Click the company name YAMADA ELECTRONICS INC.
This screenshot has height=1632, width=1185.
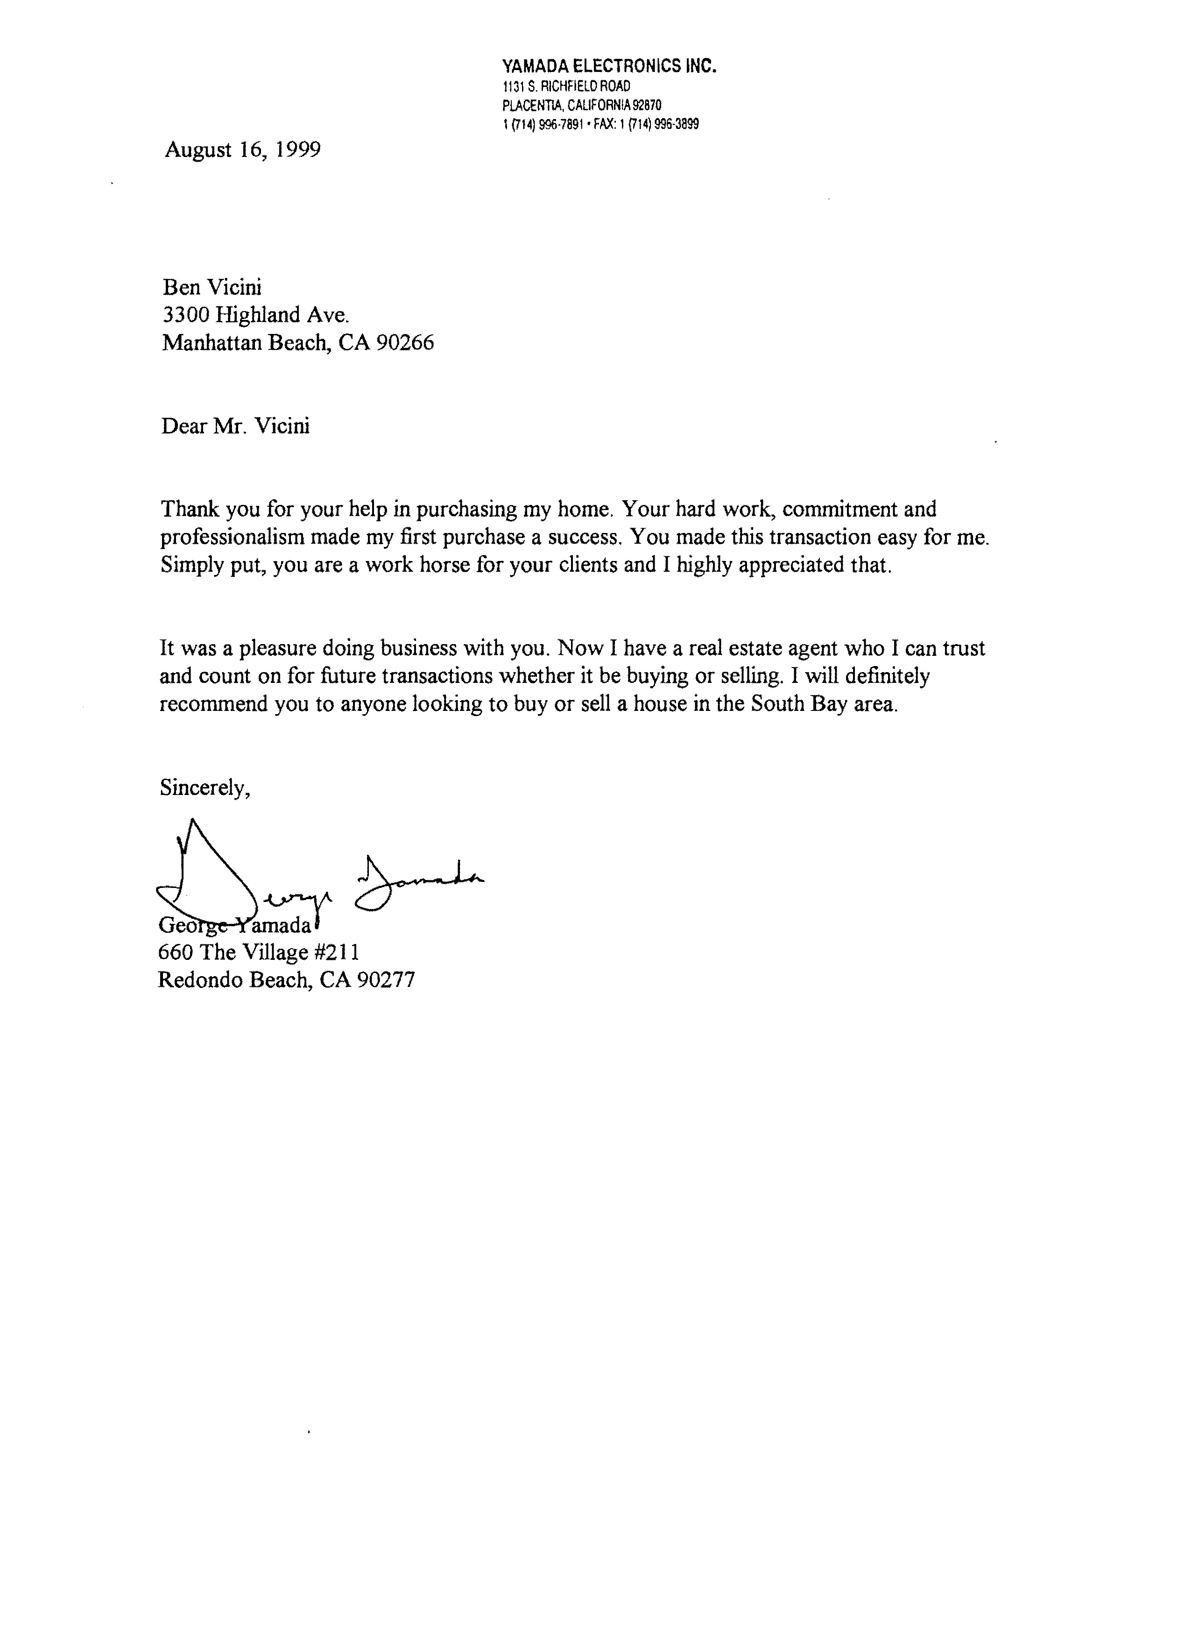(609, 67)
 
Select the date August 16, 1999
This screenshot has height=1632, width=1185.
(242, 149)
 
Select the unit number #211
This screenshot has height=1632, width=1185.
(337, 953)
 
